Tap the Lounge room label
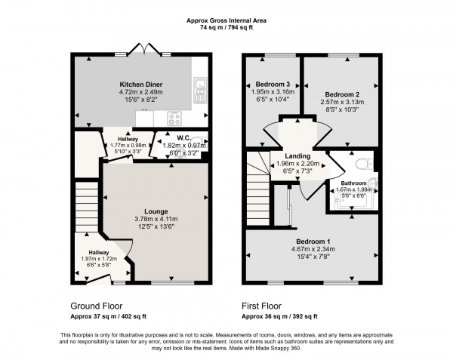tap(156, 211)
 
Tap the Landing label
tap(297, 155)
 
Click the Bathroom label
tap(353, 183)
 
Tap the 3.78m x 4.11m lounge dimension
tap(156, 220)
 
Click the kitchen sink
tap(199, 90)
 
